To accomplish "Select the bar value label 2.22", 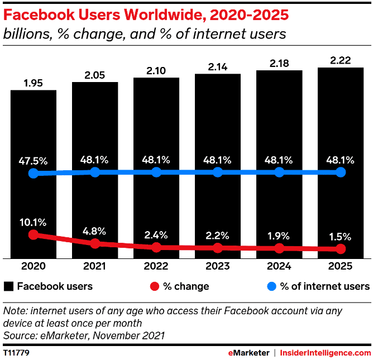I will pos(341,60).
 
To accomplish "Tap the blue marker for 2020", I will pos(34,174).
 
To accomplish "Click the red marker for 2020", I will pos(34,235).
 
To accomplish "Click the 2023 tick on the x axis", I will pos(218,267).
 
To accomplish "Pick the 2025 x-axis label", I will pos(341,267).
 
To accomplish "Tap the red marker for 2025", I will pos(341,249).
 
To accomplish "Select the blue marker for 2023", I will pos(218,172).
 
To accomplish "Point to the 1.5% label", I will pos(341,235).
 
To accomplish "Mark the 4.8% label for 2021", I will pos(95,229).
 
